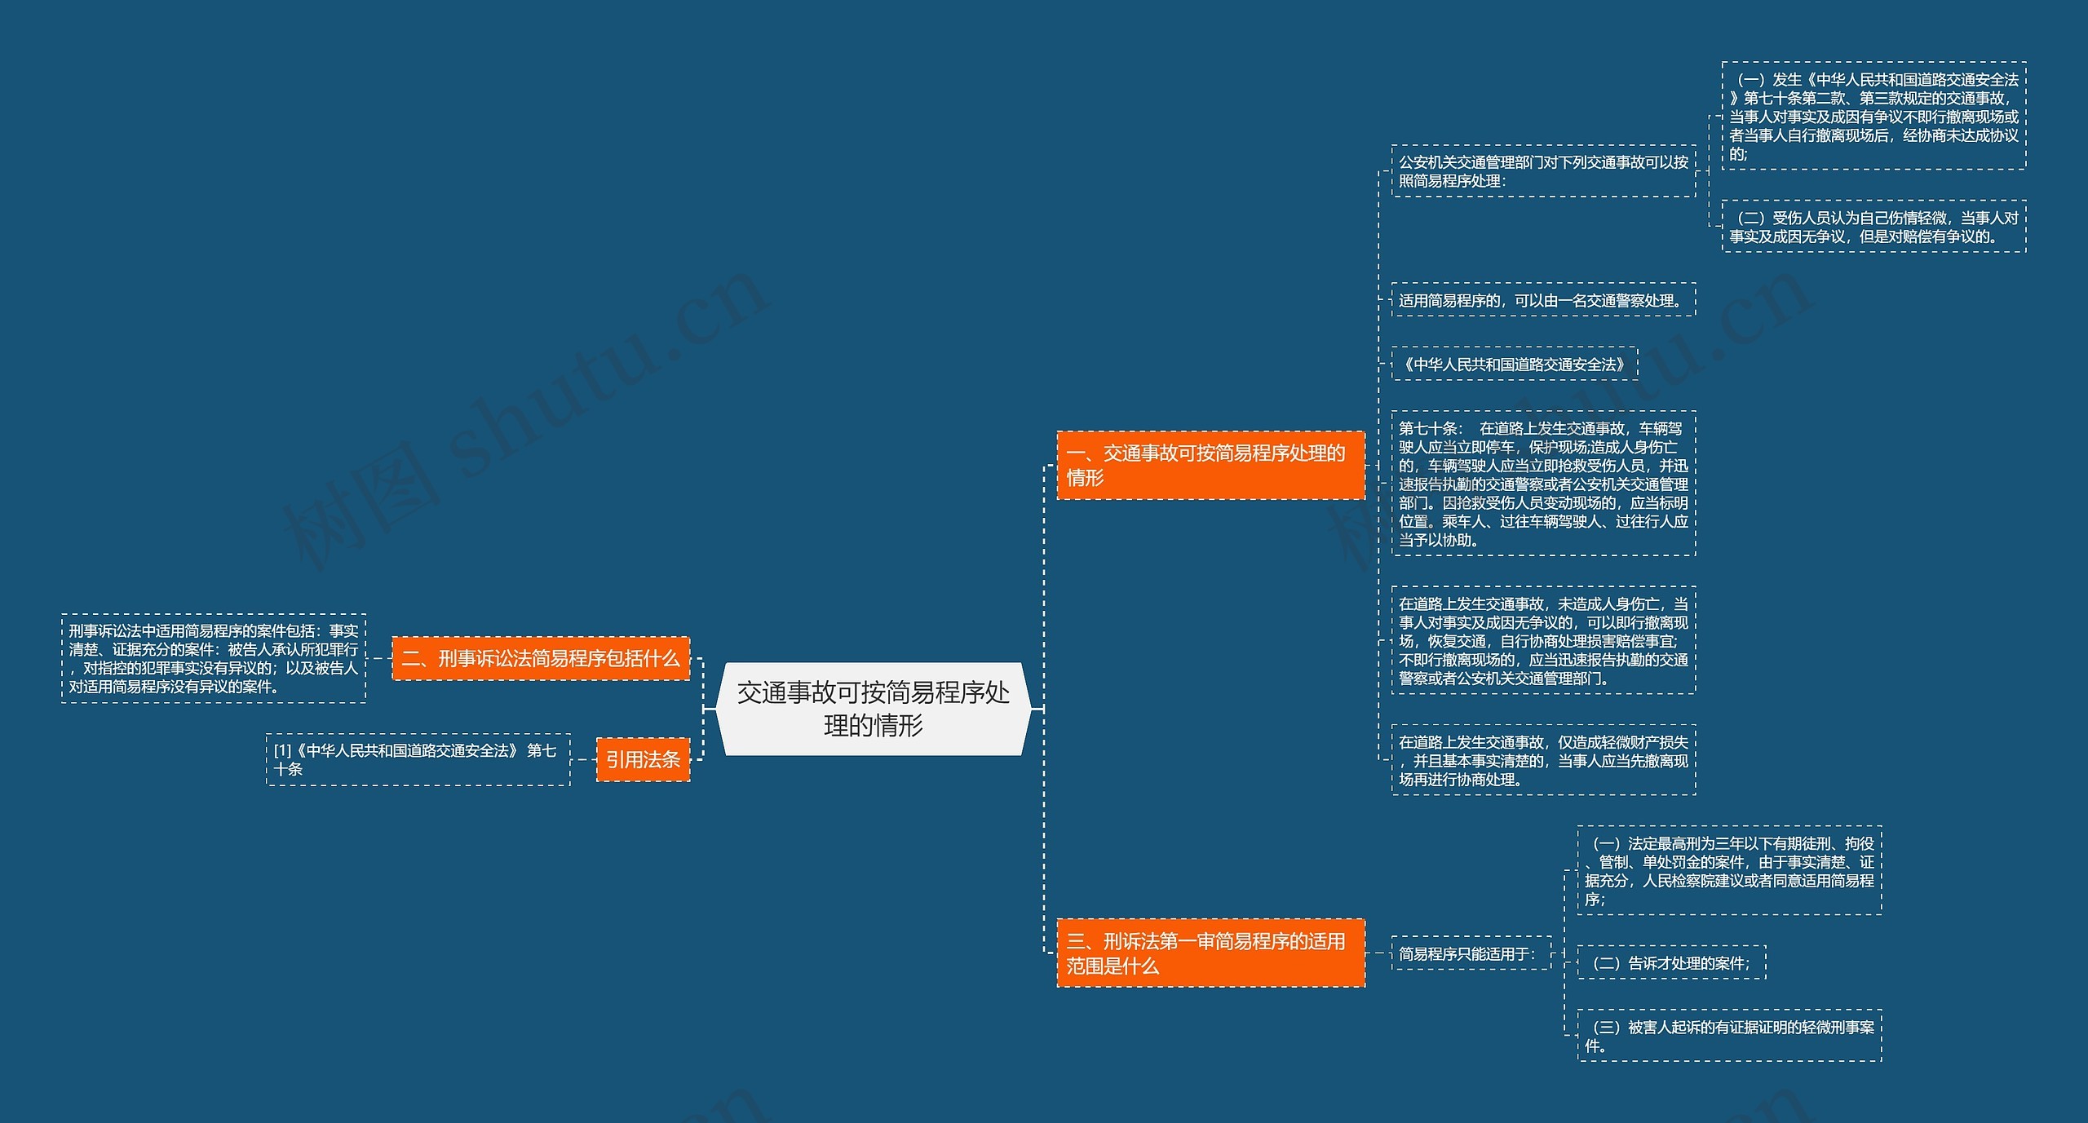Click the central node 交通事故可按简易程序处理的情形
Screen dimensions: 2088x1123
point(873,708)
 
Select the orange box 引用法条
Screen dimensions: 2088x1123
point(643,759)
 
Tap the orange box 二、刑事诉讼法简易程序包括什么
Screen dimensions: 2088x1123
point(541,658)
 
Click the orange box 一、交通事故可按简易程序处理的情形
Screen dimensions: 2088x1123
point(1210,465)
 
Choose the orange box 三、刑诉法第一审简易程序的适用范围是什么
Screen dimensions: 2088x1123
point(1210,953)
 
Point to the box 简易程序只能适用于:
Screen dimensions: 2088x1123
point(1471,953)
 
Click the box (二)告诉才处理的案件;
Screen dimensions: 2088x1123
point(1671,962)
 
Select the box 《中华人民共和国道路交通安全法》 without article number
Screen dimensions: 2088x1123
point(1514,364)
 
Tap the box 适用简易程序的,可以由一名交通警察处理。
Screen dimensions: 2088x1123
point(1543,299)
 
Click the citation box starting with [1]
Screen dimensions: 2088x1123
point(418,759)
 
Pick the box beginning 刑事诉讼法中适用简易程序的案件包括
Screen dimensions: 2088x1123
point(214,658)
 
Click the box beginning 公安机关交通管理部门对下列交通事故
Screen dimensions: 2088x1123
point(1543,171)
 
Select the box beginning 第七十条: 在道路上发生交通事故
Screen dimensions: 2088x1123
point(1543,484)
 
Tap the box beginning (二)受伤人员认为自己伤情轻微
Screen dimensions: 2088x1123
point(1873,227)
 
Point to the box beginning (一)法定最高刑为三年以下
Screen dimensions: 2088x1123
point(1729,870)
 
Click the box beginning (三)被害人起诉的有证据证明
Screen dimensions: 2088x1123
point(1729,1036)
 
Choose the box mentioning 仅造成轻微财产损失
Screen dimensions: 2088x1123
point(1543,759)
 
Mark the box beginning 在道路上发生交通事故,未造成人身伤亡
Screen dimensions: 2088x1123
point(1543,640)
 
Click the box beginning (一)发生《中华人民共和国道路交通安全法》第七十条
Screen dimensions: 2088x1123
point(1873,116)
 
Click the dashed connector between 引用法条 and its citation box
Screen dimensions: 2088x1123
point(583,759)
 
